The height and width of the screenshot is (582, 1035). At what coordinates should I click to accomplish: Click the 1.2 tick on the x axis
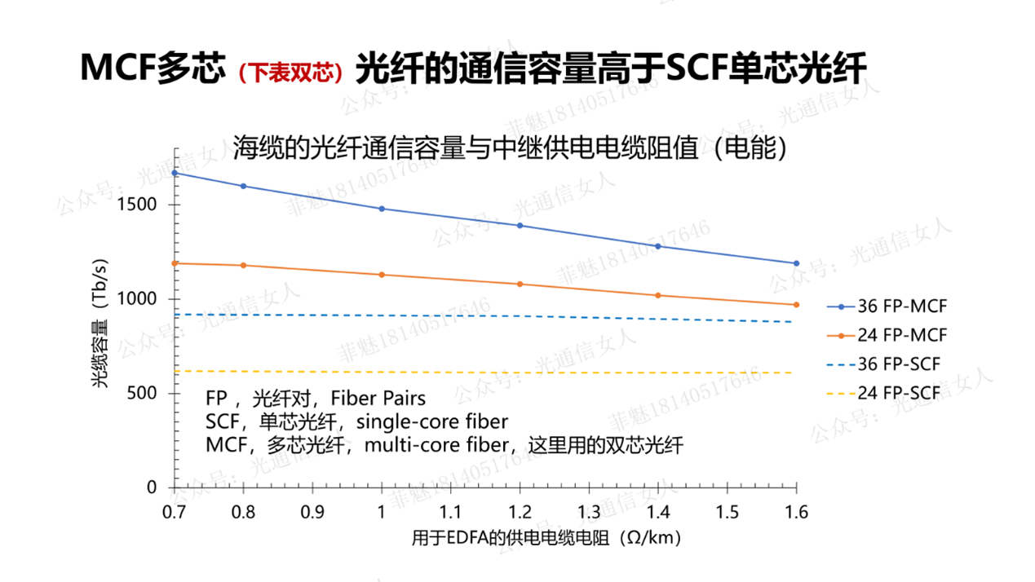(x=520, y=512)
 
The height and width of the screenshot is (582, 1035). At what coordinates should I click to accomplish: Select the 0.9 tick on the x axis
(x=312, y=512)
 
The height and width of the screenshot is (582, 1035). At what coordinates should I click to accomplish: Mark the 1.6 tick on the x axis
(x=796, y=512)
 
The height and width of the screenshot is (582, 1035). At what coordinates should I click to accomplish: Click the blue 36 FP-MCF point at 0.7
(x=175, y=173)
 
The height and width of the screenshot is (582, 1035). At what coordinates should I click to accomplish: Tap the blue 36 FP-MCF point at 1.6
(x=796, y=263)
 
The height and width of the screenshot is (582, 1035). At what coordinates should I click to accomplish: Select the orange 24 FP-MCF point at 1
(x=382, y=275)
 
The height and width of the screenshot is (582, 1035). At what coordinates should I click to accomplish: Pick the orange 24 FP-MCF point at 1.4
(x=658, y=295)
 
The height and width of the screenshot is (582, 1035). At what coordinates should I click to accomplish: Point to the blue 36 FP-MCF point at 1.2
(x=520, y=226)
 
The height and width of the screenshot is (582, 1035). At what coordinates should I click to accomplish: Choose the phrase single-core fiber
(x=432, y=422)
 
